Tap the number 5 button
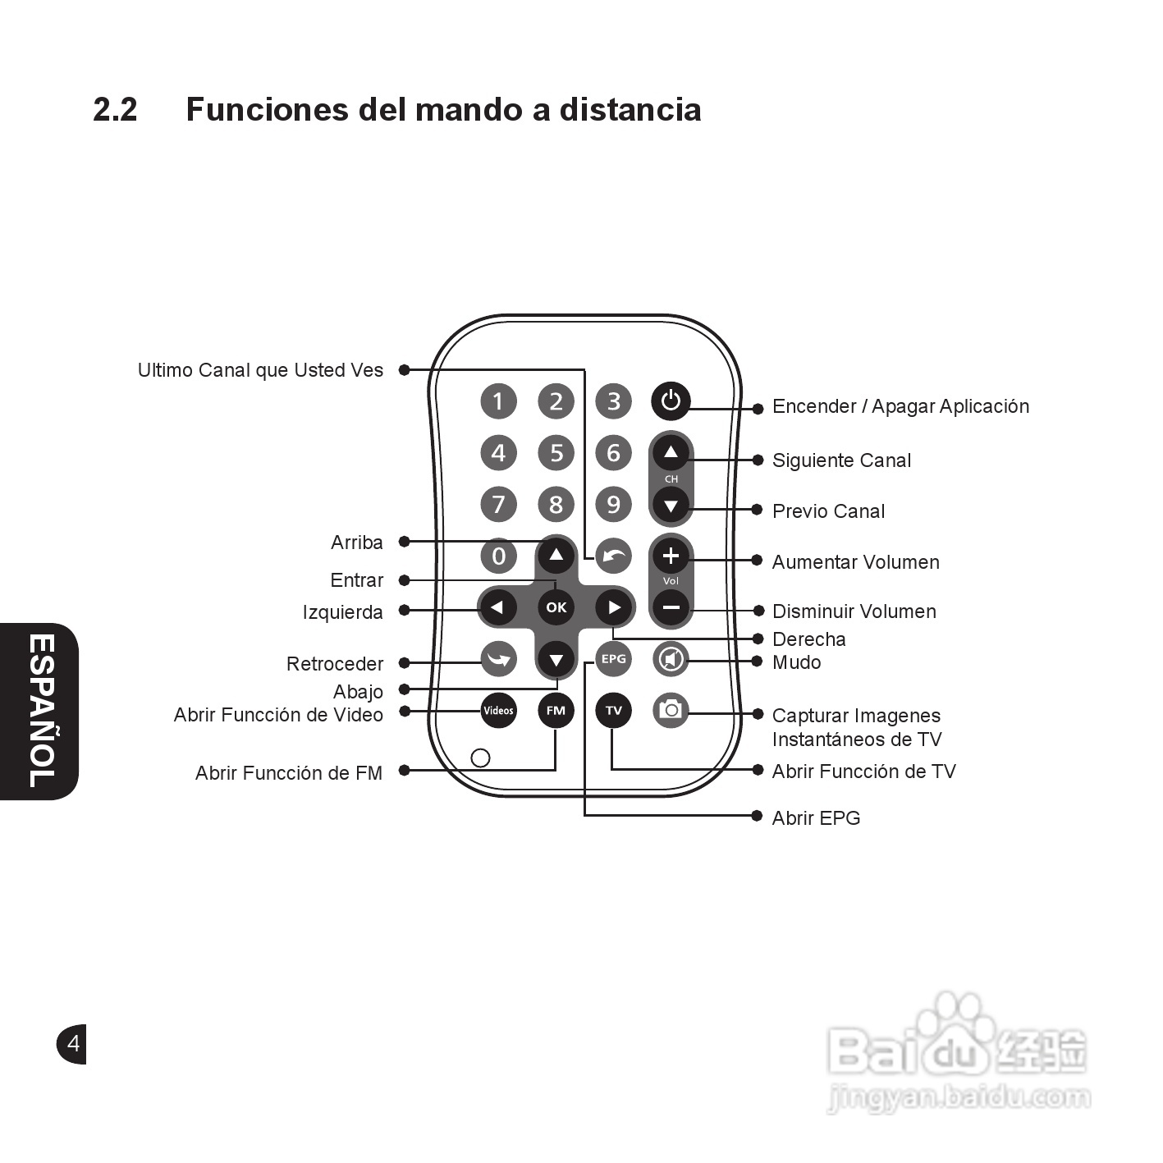(556, 452)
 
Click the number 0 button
(498, 556)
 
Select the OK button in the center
(556, 607)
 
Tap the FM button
(556, 710)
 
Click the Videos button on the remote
(498, 710)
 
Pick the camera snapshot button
(671, 709)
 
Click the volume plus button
(671, 556)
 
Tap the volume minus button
(671, 608)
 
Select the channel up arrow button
(671, 452)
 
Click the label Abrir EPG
(816, 818)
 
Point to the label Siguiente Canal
(841, 460)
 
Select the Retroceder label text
(335, 664)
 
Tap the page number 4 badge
(72, 1044)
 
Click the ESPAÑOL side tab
(41, 711)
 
